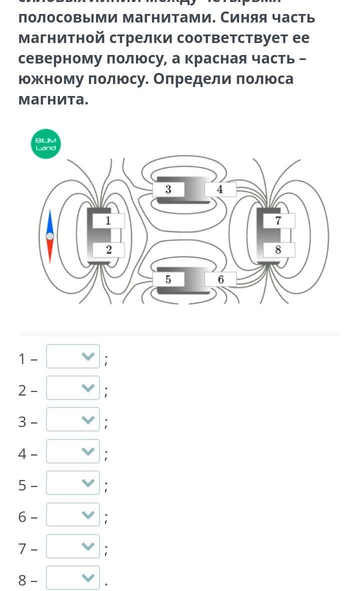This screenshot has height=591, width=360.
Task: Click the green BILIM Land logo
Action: point(46,144)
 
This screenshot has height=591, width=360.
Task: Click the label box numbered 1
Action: point(108,220)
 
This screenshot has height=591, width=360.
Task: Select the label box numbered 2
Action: point(108,250)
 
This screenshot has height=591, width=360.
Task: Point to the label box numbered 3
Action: point(168,189)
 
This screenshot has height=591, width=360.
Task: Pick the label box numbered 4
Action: point(220,189)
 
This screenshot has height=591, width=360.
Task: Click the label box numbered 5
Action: point(168,279)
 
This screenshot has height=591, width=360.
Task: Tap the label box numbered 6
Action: point(220,279)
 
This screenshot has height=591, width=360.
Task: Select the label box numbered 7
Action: point(278,220)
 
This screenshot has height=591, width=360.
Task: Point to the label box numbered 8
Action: point(278,250)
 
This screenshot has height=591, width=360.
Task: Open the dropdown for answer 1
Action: point(73,356)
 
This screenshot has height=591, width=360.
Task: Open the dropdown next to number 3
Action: point(73,419)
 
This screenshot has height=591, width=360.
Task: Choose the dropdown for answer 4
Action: point(73,451)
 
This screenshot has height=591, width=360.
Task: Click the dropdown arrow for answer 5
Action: point(87,483)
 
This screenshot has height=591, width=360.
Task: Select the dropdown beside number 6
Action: point(73,514)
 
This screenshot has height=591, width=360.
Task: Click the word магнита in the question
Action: point(53,99)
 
